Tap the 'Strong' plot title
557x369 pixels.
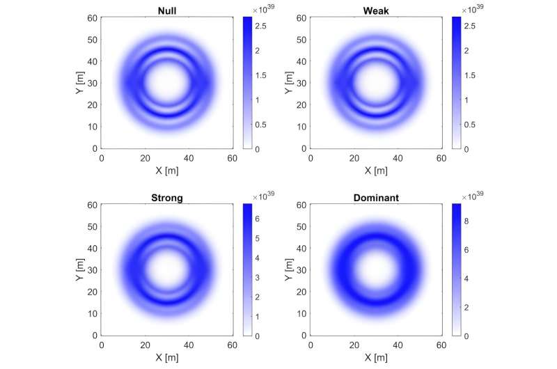click(167, 197)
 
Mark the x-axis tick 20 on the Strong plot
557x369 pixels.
click(146, 345)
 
